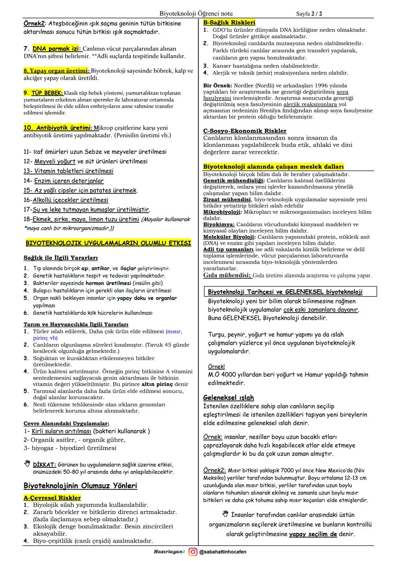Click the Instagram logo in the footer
coord(193,552)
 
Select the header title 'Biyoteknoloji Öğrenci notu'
coord(196,14)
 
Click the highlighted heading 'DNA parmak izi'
coord(57,48)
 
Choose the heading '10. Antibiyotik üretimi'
coord(57,128)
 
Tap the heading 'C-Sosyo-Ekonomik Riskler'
coord(245,131)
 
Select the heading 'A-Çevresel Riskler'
coord(52,498)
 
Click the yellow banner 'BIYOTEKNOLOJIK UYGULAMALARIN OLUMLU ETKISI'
coord(108,243)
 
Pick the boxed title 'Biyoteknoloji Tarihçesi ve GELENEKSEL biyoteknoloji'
coord(285,292)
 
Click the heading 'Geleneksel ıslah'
coord(228,398)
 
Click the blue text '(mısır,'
coord(174,331)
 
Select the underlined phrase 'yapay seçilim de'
coord(313,534)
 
